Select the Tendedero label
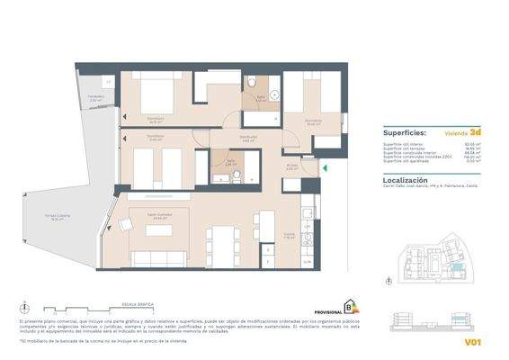click(95, 97)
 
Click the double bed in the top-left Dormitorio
click(156, 89)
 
